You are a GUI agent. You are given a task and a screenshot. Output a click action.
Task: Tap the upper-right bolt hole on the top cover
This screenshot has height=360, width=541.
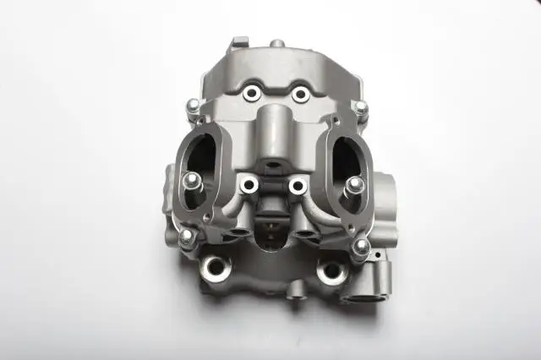[299, 94]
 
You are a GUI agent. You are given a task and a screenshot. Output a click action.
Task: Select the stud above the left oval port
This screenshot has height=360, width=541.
[194, 105]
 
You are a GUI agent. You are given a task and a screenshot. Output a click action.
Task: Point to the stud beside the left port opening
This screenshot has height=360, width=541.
[191, 179]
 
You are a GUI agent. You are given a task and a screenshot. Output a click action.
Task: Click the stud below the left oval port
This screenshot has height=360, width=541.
[187, 236]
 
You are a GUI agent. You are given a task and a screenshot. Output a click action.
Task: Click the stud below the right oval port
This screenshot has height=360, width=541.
[361, 246]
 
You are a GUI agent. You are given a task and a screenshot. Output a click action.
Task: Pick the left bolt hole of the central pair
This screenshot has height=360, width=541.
[249, 185]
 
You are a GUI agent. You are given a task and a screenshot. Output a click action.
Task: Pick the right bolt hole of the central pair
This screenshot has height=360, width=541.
[297, 184]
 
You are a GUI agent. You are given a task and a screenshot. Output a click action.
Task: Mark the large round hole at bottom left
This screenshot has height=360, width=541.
[216, 270]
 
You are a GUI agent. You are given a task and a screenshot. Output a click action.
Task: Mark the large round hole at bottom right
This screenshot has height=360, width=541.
[331, 271]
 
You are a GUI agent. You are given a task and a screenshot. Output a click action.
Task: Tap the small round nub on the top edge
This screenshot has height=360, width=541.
[276, 42]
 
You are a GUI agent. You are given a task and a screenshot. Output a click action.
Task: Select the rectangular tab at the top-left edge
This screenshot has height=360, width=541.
[240, 41]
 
